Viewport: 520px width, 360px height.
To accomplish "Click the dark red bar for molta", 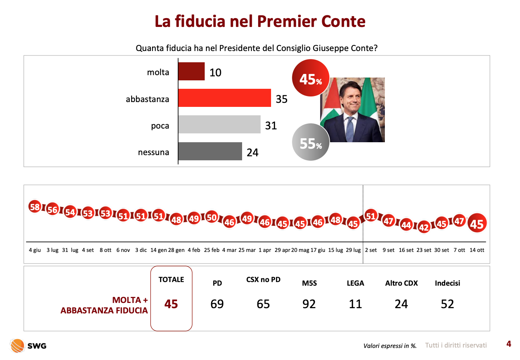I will (191, 72).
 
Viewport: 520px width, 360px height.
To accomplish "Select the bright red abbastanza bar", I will (224, 98).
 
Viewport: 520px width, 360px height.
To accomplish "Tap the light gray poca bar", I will (219, 125).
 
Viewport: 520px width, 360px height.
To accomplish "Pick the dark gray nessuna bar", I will (210, 151).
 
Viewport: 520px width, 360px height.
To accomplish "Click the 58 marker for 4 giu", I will (35, 207).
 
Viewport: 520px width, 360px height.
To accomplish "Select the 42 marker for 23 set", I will (424, 227).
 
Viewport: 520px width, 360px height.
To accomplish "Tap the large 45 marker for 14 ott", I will (477, 223).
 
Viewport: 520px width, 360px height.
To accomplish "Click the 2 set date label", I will (371, 250).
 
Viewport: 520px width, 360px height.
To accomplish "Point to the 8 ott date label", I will (105, 250).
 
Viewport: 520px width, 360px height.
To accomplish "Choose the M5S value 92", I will (309, 304).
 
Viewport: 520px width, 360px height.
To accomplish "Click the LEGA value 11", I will (356, 304).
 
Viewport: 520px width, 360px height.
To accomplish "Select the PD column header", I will (217, 283).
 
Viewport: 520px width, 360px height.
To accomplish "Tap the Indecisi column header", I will (447, 283).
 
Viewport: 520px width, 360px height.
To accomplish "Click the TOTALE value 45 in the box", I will (171, 305).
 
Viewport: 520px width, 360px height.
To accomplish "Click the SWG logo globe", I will (17, 346).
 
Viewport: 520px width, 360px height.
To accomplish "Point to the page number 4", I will (509, 344).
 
